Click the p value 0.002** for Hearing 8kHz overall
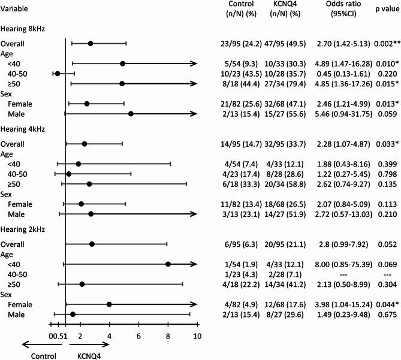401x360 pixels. [x=385, y=44]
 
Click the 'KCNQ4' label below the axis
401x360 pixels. [x=90, y=354]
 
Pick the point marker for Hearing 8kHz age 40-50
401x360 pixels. [x=58, y=74]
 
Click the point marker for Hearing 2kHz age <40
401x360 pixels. [x=168, y=264]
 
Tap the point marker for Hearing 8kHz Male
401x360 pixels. [x=131, y=113]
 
